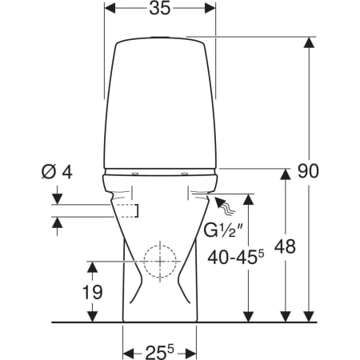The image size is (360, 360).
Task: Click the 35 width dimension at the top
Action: point(159,8)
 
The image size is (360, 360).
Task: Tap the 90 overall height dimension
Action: point(308,171)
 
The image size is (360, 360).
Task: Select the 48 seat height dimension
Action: point(286,246)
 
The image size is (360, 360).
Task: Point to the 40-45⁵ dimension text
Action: point(236,258)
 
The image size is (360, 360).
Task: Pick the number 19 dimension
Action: point(93,292)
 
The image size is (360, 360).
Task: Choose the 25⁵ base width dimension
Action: point(159,352)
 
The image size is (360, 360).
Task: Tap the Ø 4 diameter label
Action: point(57,172)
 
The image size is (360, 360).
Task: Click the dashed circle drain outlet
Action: point(160,262)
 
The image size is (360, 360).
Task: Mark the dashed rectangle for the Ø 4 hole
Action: point(127,210)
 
